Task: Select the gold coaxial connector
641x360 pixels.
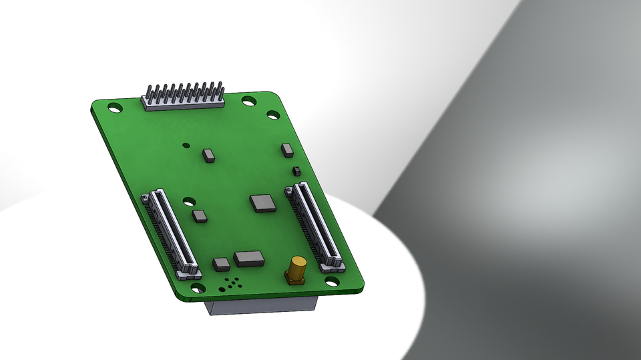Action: coord(296,270)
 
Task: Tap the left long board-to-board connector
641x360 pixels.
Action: coord(171,233)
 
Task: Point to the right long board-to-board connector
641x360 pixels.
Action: coord(314,226)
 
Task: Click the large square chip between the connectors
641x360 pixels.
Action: coord(262,203)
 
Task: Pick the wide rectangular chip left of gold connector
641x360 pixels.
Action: coord(249,258)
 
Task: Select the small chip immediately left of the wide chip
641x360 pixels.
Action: coord(221,264)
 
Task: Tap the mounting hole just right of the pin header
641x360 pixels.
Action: coord(248,101)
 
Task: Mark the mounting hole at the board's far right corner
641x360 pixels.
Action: coord(273,114)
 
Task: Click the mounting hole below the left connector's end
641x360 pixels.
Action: coord(199,288)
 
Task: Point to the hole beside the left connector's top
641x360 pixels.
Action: coord(189,200)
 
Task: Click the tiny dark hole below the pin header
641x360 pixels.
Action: coord(186,145)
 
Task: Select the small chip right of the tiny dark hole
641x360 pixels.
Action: coord(209,156)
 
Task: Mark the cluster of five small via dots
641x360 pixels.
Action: coord(232,283)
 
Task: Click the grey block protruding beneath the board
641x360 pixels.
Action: coord(260,306)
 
